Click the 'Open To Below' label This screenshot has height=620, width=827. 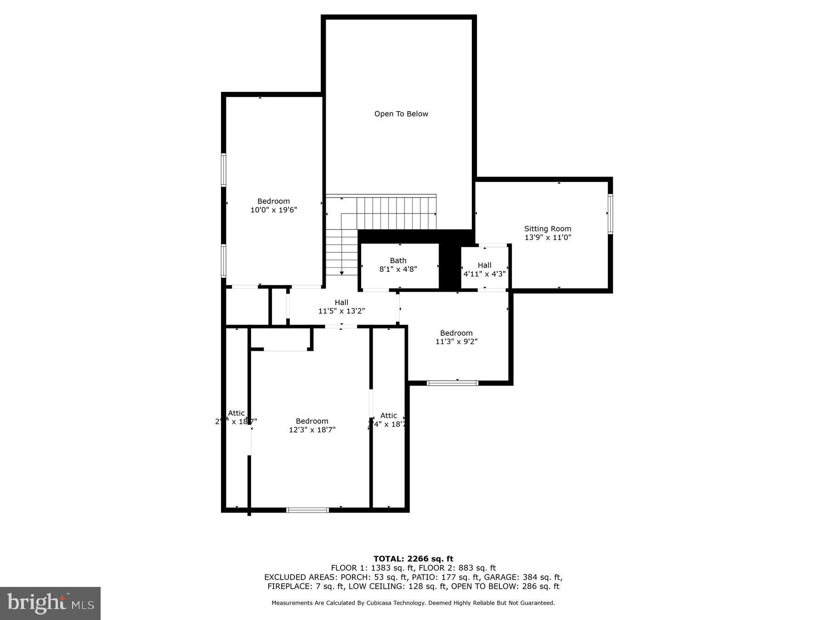pyautogui.click(x=401, y=114)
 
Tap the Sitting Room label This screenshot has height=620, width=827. pyautogui.click(x=548, y=229)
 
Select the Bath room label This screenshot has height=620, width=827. pyautogui.click(x=398, y=260)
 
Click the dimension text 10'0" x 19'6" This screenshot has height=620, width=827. pyautogui.click(x=273, y=210)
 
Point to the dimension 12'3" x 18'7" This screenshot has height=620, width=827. pyautogui.click(x=312, y=430)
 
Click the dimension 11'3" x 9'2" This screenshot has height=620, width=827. pyautogui.click(x=456, y=342)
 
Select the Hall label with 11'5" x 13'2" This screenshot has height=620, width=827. pyautogui.click(x=341, y=303)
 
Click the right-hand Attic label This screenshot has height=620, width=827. pyautogui.click(x=388, y=416)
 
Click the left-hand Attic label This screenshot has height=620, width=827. pyautogui.click(x=236, y=413)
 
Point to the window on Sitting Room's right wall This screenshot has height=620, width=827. pyautogui.click(x=610, y=214)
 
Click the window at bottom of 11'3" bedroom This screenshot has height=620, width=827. pyautogui.click(x=453, y=383)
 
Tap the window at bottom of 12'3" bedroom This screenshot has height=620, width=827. pyautogui.click(x=307, y=510)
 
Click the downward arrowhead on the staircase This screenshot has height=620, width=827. pyautogui.click(x=342, y=273)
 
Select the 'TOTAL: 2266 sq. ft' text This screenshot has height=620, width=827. pyautogui.click(x=413, y=559)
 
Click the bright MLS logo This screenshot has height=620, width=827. pyautogui.click(x=50, y=603)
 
